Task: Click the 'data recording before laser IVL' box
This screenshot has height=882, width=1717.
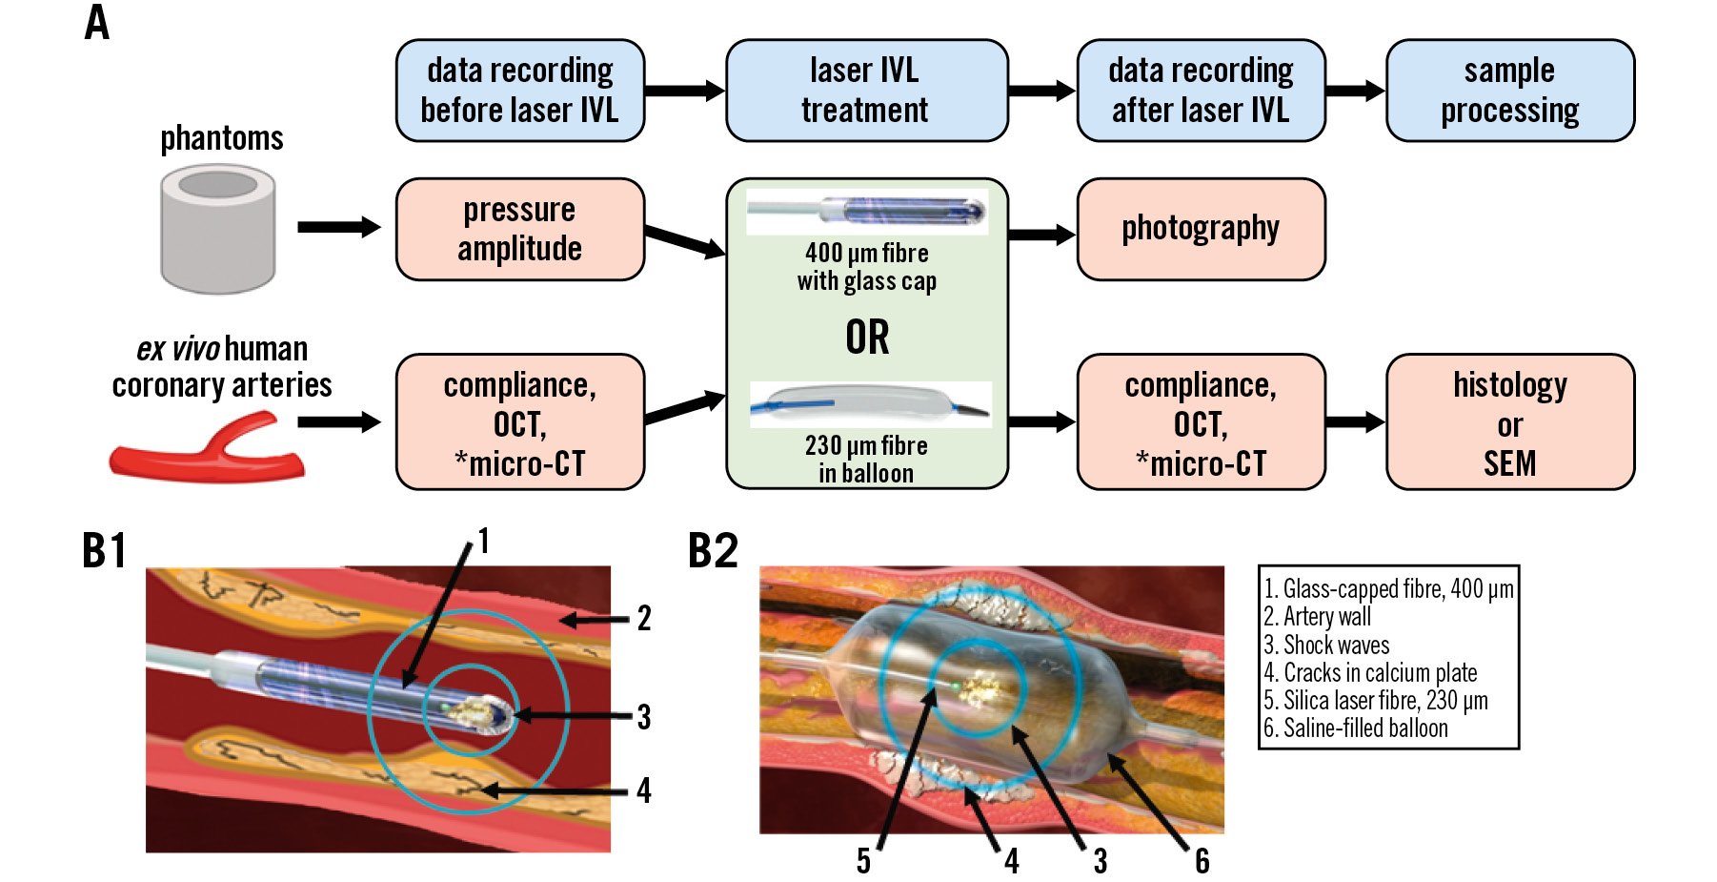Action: coord(520,91)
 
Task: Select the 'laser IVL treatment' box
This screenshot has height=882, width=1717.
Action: coord(866,91)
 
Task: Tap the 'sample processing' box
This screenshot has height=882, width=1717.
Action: coord(1509,91)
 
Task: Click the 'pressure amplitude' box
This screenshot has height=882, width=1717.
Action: coord(520,229)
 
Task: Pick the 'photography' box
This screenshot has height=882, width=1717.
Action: coord(1201,229)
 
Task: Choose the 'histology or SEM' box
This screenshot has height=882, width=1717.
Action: coord(1509,422)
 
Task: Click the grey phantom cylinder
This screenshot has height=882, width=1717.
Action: coord(218,229)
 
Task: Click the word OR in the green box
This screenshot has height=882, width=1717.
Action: coord(867,338)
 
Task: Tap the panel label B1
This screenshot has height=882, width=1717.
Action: coord(104,551)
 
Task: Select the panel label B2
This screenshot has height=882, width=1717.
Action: coord(713,551)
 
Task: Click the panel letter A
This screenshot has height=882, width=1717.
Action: coord(97,23)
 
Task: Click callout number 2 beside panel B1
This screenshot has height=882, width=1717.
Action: coord(644,619)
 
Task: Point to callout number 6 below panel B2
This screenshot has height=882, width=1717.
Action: coord(1202,862)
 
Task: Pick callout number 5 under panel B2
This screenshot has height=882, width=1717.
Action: coord(863,862)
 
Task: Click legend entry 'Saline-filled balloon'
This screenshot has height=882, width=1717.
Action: coord(1356,728)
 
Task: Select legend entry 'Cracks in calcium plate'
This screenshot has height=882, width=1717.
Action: coord(1370,673)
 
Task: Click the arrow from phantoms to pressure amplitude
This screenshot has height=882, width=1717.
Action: coord(338,227)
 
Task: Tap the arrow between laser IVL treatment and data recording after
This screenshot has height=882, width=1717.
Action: coord(1041,91)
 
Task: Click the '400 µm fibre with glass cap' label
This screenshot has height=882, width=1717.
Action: coord(867,267)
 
